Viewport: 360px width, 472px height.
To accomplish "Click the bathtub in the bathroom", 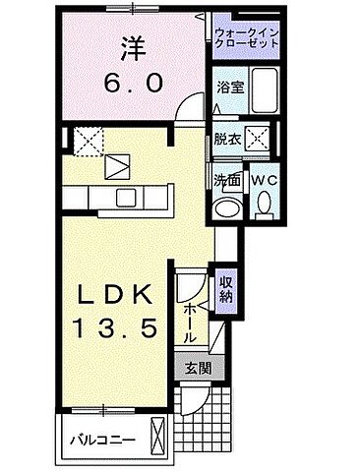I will point(261,87).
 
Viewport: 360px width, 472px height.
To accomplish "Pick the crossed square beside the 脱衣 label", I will point(262,138).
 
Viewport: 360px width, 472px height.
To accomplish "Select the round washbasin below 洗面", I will point(227,206).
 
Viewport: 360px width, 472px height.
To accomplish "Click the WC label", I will point(262,180).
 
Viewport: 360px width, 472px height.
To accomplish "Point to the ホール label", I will point(191,322).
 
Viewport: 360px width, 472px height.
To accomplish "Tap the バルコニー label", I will point(100,439).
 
